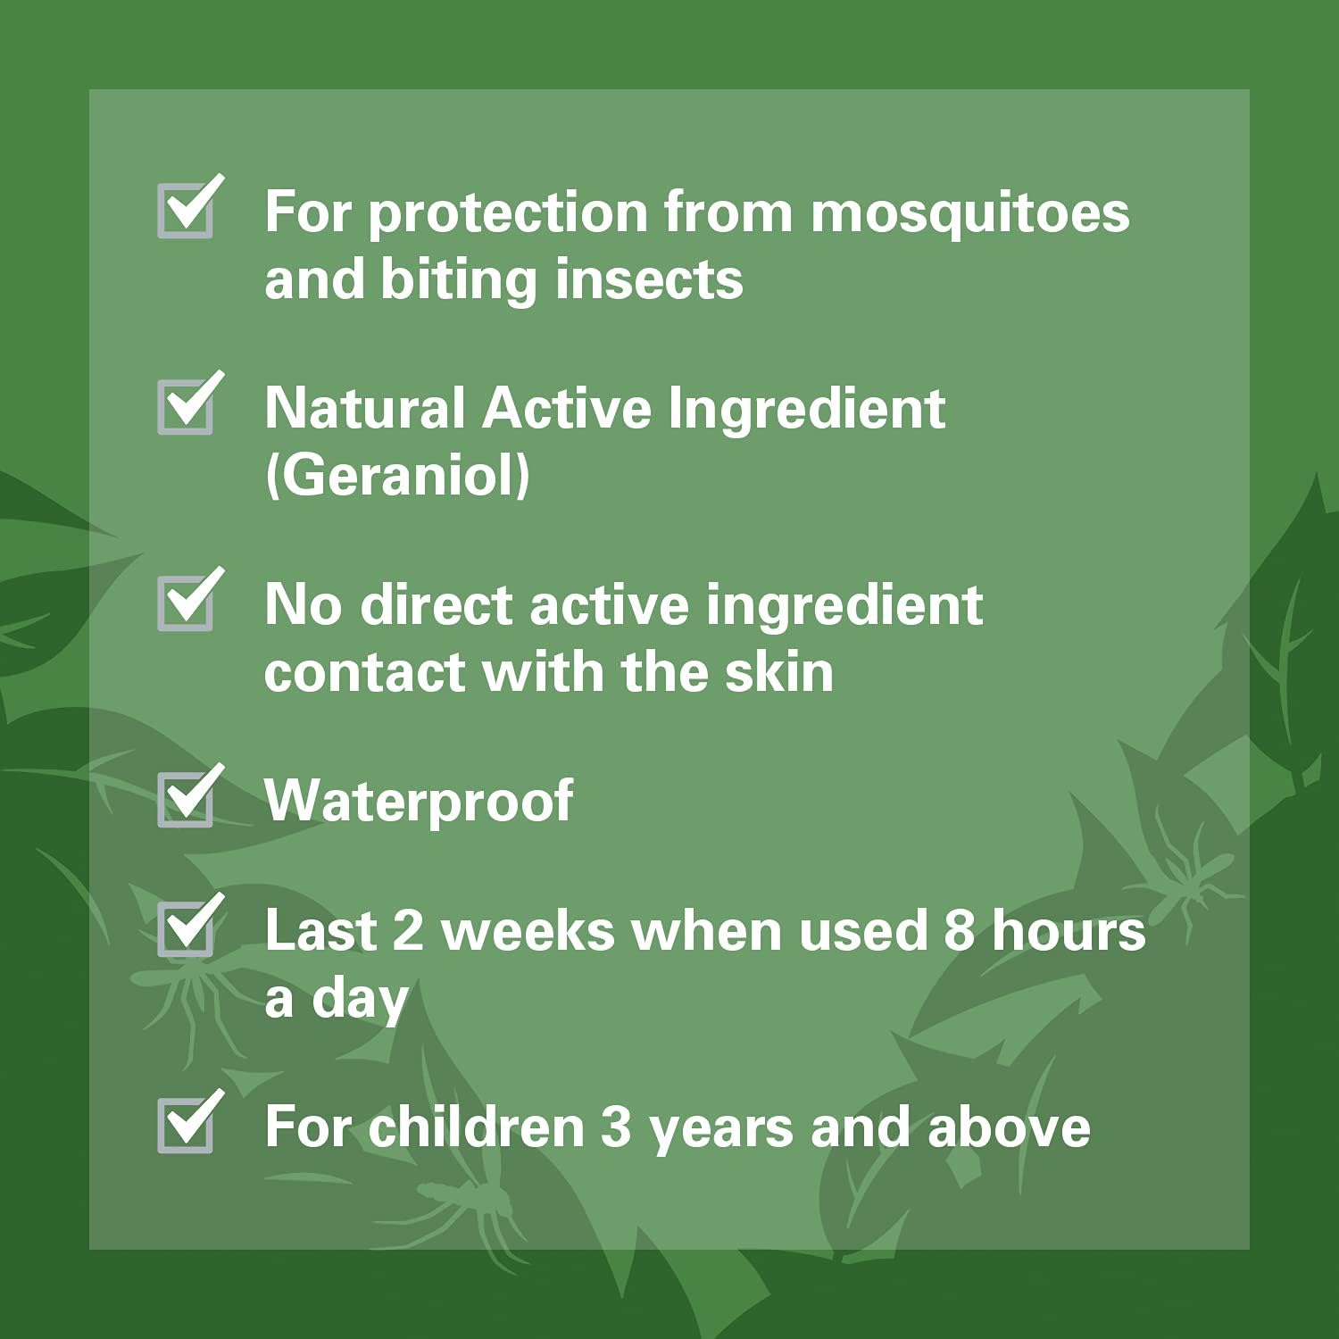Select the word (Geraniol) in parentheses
(x=397, y=475)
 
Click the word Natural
(x=365, y=409)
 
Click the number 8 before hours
(x=959, y=930)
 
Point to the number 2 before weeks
(x=407, y=930)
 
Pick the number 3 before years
(x=615, y=1127)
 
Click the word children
(x=476, y=1127)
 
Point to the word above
(x=1009, y=1127)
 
